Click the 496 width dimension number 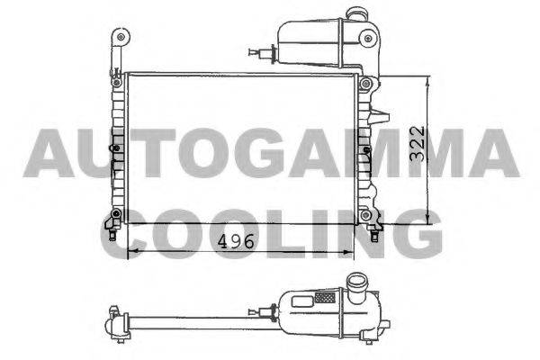point(236,241)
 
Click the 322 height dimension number point(417,143)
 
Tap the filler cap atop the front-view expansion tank point(355,13)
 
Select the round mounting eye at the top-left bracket point(121,37)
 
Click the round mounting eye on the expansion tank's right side point(368,38)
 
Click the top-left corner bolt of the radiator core point(117,82)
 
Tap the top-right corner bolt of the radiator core point(365,84)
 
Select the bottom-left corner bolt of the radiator point(116,214)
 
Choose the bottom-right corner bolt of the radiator point(365,215)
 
